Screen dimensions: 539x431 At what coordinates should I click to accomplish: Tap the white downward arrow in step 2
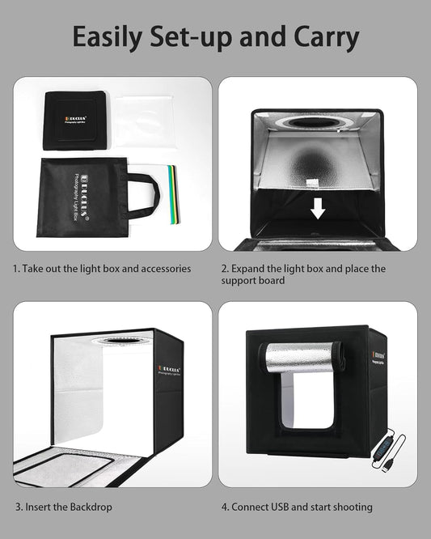coord(318,210)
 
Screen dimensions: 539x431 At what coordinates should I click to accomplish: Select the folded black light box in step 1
coord(75,120)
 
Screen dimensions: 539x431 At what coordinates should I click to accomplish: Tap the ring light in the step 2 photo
coord(316,123)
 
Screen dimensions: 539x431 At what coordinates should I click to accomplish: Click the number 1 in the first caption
coord(15,269)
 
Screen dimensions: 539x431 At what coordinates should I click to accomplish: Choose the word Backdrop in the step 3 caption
coord(89,507)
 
